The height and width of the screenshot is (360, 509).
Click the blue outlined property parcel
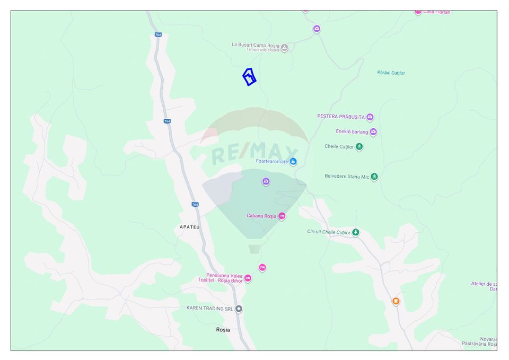(x=249, y=77)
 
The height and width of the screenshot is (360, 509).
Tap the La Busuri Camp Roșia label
(x=256, y=45)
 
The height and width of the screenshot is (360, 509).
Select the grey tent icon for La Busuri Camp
(x=284, y=48)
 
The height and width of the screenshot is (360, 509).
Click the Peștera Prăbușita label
(x=341, y=117)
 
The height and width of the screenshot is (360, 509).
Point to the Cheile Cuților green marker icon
(x=359, y=147)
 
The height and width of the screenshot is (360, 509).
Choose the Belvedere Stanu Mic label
(x=347, y=176)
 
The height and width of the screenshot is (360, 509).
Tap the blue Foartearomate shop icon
(x=293, y=162)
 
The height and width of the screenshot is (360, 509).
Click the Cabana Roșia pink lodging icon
(x=282, y=216)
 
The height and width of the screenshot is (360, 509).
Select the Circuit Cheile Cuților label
(x=329, y=232)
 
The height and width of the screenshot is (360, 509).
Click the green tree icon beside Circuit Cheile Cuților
(x=356, y=232)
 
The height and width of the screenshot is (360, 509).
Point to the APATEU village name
(x=189, y=227)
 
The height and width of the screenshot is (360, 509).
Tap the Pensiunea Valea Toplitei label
(x=221, y=278)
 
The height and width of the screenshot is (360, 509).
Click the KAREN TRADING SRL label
(x=210, y=308)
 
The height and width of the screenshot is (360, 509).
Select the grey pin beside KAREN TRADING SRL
(x=239, y=309)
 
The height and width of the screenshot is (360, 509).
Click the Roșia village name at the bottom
(x=223, y=330)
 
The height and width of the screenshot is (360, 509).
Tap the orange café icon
(x=396, y=301)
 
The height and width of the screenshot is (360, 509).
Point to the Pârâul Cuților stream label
(x=391, y=73)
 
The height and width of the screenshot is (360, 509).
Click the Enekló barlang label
(x=352, y=131)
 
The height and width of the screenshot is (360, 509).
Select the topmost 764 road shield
(x=159, y=34)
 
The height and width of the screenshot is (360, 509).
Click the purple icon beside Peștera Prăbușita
(x=370, y=117)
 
